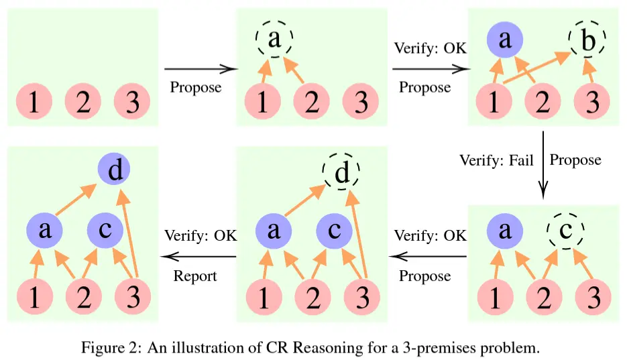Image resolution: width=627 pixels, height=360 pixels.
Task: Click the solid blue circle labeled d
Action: pos(114,170)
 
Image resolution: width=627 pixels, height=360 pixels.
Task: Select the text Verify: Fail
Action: pos(496,161)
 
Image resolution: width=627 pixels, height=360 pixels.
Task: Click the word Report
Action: pos(195,276)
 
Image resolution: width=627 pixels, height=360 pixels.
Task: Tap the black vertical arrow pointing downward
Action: pos(543,165)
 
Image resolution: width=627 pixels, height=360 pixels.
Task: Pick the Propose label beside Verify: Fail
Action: pos(575,160)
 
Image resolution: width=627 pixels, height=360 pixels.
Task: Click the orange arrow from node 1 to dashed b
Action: pos(536,67)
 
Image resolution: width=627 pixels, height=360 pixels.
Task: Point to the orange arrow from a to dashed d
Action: pos(305,200)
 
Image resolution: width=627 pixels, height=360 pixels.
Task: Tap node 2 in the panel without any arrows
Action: pos(83,102)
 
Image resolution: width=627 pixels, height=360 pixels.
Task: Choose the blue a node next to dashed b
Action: pos(505,40)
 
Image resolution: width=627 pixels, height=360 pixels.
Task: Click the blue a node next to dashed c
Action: pos(505,231)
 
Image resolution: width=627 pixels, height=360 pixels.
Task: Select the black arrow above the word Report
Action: pos(198,257)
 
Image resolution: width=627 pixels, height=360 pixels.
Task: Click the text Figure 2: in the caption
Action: pos(111,348)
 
